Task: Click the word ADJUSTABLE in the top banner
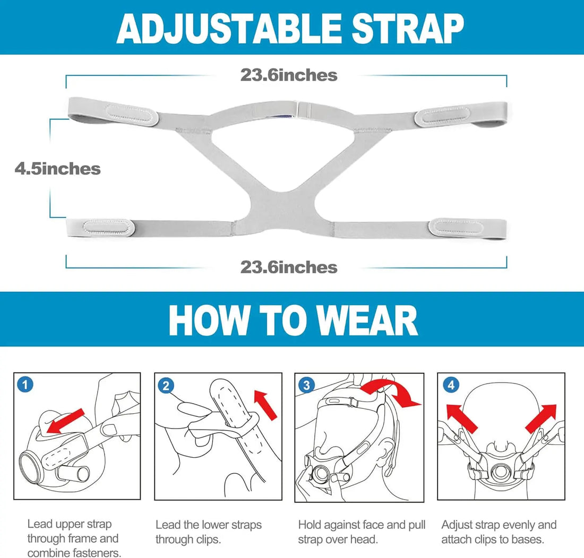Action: (x=229, y=29)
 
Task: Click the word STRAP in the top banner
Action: (x=408, y=29)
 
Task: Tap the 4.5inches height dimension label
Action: (x=58, y=169)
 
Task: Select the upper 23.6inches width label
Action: (x=289, y=75)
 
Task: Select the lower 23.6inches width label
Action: (x=289, y=267)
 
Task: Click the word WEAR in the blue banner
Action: (x=368, y=321)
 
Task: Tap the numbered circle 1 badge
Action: (x=25, y=385)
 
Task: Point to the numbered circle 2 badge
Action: (x=166, y=386)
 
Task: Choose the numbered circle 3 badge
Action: (x=306, y=385)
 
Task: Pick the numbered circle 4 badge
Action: (x=451, y=385)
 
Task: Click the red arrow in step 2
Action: (x=265, y=405)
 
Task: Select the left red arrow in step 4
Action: (x=461, y=418)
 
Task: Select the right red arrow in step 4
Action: (x=541, y=419)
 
